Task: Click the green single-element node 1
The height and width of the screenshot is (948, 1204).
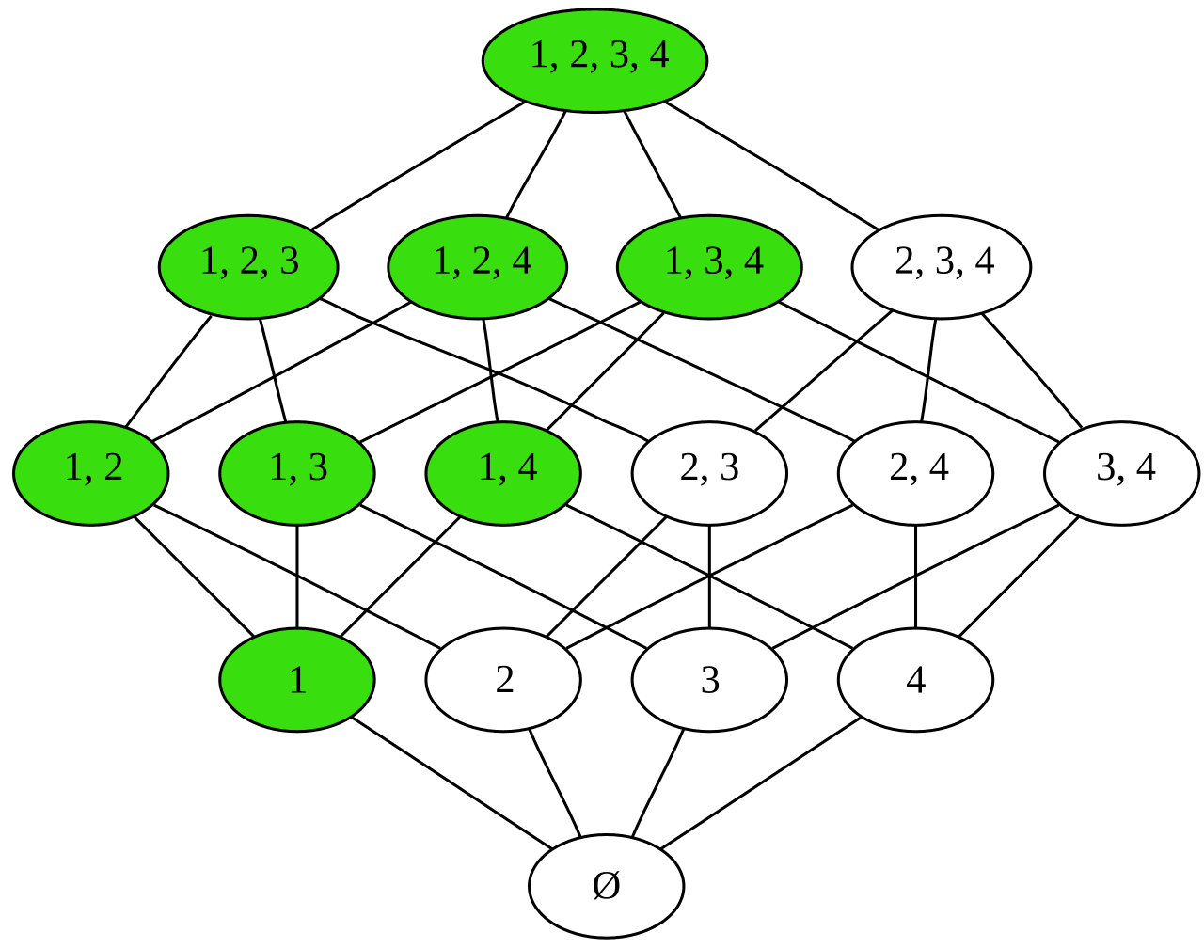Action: [x=297, y=679]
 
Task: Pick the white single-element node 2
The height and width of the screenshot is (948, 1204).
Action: [x=503, y=679]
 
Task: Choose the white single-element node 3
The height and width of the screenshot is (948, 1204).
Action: [x=709, y=679]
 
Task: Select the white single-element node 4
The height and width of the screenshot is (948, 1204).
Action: [x=915, y=679]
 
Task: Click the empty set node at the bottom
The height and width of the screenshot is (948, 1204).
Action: [x=606, y=886]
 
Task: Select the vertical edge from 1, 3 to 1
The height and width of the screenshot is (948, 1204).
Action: [x=297, y=577]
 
